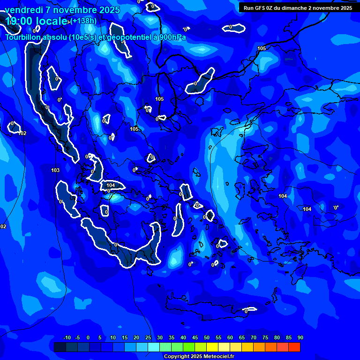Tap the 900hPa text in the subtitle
pos(172,37)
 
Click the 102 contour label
pos(22,133)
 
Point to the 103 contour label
pos(55,170)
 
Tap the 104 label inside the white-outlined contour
pos(111,185)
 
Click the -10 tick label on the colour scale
pos(67,337)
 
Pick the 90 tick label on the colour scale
pos(300,337)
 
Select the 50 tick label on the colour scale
pos(206,337)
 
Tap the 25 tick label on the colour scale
pos(148,337)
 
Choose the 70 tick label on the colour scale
pos(253,337)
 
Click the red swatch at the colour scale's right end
pos(294,347)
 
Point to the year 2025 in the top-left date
pos(108,10)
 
